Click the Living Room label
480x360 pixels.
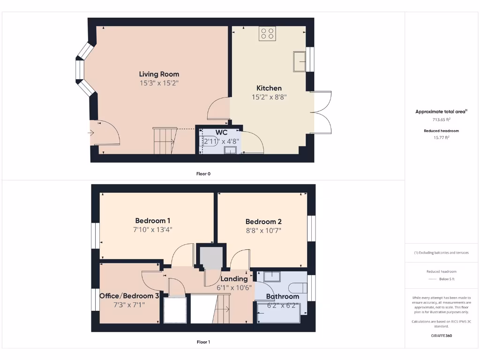click(x=159, y=74)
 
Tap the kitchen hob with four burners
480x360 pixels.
click(x=268, y=33)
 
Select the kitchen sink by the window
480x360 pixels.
click(x=300, y=61)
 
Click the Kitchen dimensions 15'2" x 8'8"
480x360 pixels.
click(x=269, y=97)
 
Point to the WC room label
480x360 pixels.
click(x=221, y=133)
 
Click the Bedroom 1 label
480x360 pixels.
click(x=152, y=221)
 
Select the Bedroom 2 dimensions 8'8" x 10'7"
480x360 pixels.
click(x=263, y=231)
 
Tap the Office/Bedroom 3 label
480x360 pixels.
click(x=129, y=296)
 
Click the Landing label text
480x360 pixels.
click(x=234, y=279)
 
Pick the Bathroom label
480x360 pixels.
click(x=282, y=296)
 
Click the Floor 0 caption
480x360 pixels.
click(x=203, y=174)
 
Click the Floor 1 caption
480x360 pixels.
click(x=203, y=342)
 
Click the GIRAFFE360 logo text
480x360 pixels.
click(x=441, y=336)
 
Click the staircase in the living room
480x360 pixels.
click(x=164, y=141)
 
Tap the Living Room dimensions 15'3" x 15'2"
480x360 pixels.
click(x=159, y=83)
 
